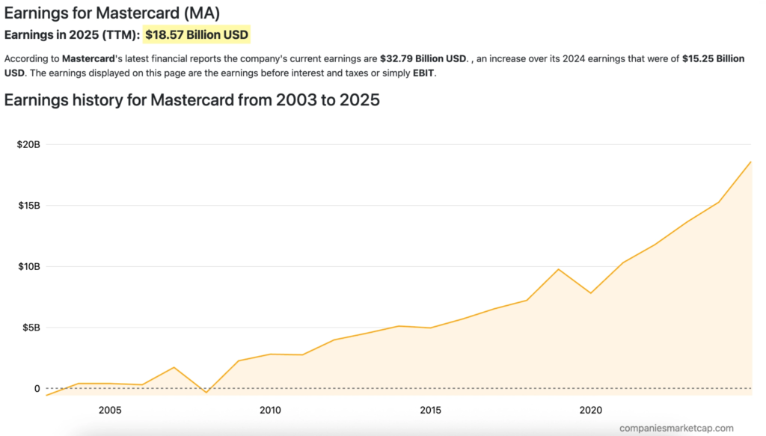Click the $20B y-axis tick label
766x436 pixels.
(x=28, y=144)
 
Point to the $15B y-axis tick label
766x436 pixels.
(x=28, y=206)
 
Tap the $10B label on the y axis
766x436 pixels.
(x=28, y=267)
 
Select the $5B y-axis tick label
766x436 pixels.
(x=31, y=328)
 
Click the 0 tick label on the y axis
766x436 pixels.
(x=36, y=389)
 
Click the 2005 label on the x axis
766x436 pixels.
(x=110, y=410)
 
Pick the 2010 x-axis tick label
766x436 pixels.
(x=270, y=410)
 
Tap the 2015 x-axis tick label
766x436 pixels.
(x=430, y=410)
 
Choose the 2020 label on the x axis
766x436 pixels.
(x=591, y=410)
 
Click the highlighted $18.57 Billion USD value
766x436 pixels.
(x=197, y=34)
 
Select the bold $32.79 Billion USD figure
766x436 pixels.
(x=423, y=58)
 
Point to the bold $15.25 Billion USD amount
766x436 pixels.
(x=713, y=58)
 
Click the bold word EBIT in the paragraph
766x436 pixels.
(x=423, y=74)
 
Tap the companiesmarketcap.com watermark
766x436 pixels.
(x=676, y=428)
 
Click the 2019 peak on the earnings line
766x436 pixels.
(x=559, y=269)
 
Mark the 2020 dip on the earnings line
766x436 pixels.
(x=591, y=293)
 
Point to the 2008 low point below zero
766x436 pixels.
(x=206, y=392)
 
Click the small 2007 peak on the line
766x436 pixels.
(x=174, y=367)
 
